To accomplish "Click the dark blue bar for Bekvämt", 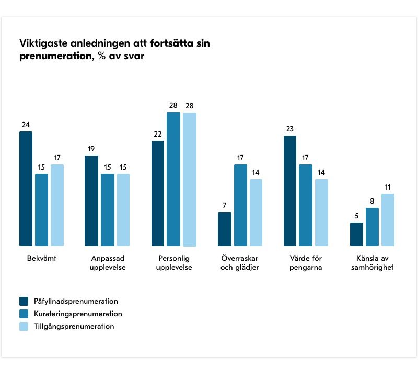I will pos(26,188).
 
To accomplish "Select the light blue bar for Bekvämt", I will pos(57,205).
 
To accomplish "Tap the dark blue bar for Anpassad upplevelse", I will pos(91,201).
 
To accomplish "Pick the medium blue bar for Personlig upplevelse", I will pos(173,179).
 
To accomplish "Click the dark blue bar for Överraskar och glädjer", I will pos(224,229).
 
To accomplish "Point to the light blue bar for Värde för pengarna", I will pos(321,213).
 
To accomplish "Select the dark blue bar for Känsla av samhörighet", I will pos(356,234).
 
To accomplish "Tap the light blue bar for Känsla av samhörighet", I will pos(388,220).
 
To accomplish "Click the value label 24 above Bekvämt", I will pos(26,125).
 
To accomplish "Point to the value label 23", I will pos(290,129).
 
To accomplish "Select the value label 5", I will pos(356,216).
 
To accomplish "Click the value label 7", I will pos(224,205).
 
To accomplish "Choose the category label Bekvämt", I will pos(41,259).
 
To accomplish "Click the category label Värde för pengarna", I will pos(306,263).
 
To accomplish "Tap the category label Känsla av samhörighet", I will pos(372,263).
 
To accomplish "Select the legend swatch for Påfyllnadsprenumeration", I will pos(24,301).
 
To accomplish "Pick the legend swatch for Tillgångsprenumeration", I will pos(24,326).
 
